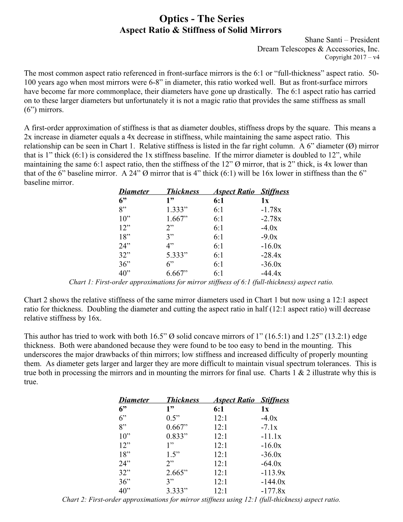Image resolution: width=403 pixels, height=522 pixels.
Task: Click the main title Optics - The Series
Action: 201,19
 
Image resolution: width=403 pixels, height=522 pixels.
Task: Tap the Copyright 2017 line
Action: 352,57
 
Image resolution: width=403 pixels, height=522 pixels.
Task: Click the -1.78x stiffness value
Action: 271,210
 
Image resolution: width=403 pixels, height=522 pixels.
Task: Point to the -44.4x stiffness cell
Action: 271,274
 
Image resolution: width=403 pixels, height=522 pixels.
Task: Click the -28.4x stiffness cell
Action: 271,255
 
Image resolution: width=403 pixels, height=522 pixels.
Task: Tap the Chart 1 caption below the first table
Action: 201,282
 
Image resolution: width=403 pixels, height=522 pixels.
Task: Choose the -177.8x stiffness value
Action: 273,491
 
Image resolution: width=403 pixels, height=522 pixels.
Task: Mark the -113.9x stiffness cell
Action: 273,473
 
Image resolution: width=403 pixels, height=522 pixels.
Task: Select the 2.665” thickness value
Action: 177,473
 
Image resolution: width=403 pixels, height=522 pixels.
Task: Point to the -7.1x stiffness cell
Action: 269,427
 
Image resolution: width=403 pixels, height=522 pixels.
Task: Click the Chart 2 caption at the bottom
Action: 201,500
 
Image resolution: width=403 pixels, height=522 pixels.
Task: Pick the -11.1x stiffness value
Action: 271,437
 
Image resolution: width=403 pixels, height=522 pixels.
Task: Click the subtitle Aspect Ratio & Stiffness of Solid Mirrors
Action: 201,30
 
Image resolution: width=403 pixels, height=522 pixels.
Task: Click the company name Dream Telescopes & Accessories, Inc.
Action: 318,49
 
